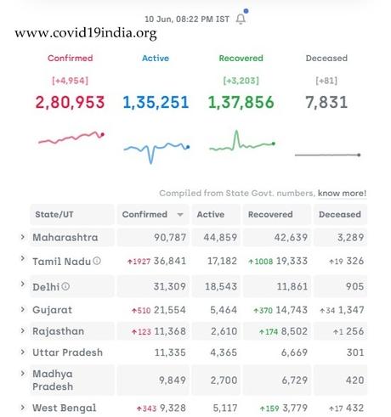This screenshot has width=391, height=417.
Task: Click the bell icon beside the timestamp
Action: tap(241, 19)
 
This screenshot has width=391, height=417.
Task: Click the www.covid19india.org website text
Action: tap(86, 34)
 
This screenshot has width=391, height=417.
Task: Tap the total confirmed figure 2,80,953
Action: tap(70, 103)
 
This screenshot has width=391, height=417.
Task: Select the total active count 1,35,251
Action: tap(157, 103)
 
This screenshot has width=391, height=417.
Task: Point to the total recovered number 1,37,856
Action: tap(242, 103)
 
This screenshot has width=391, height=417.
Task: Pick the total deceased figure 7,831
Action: tap(326, 103)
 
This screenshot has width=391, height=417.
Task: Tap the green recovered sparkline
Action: tap(242, 142)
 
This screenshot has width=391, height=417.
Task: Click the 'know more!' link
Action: tap(342, 193)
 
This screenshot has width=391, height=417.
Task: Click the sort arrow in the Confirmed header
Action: tap(179, 215)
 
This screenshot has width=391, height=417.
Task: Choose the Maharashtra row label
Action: tap(65, 237)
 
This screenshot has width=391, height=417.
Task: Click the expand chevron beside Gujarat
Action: tap(23, 310)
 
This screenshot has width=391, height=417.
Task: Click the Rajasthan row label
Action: tap(58, 330)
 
